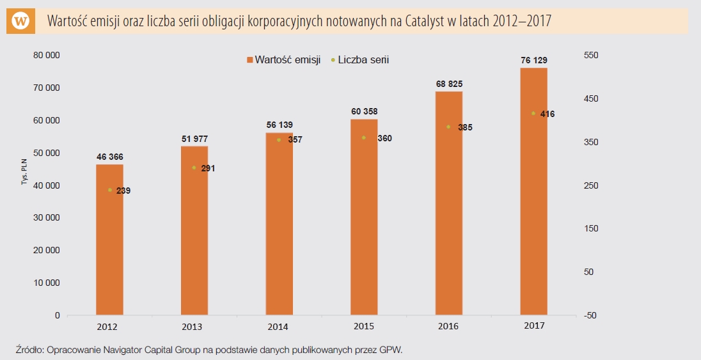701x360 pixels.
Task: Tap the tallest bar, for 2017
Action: [x=533, y=192]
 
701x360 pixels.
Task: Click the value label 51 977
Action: [x=194, y=139]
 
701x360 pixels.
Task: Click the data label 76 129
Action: [x=533, y=60]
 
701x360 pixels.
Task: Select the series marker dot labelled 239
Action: [x=109, y=190]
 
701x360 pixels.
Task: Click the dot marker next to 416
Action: [x=533, y=114]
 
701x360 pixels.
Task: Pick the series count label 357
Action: [x=294, y=140]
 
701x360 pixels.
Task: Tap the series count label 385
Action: [x=465, y=128]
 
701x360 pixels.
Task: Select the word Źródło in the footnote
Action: [x=29, y=350]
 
